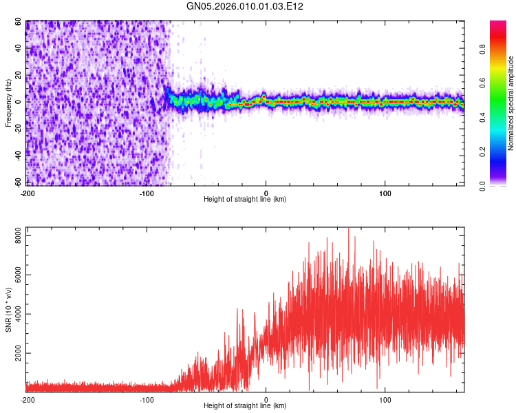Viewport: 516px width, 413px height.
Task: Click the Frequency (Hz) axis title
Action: [8, 103]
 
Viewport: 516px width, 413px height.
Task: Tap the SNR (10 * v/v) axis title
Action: [8, 309]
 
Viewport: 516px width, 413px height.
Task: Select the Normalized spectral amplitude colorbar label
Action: [510, 103]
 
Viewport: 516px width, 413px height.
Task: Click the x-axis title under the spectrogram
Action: [245, 200]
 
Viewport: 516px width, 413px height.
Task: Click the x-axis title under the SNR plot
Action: [245, 406]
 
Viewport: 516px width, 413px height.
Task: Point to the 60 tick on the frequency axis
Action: [19, 22]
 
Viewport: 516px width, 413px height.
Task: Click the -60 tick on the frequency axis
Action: [17, 182]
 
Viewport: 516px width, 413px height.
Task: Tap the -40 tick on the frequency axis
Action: [17, 156]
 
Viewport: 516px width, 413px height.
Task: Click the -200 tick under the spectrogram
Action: [28, 193]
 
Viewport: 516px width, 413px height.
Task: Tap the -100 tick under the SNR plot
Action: [147, 399]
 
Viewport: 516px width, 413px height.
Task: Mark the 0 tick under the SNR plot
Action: [266, 399]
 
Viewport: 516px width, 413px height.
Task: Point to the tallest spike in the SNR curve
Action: [349, 229]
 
